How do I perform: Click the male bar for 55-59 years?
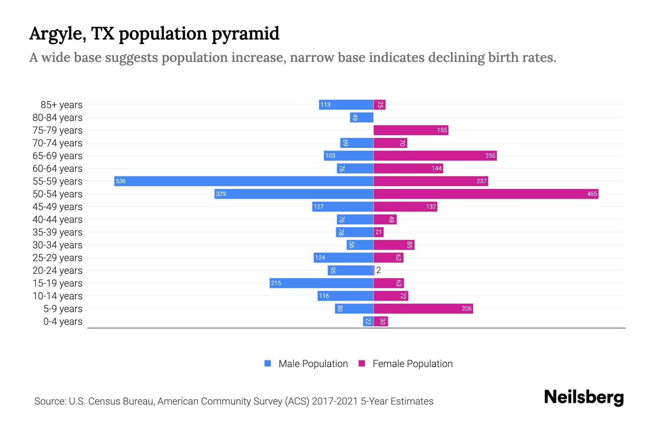point(244,181)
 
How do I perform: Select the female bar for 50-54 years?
point(486,194)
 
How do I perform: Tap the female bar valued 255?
point(435,155)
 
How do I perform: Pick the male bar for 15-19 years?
point(321,283)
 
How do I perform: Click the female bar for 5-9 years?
point(423,308)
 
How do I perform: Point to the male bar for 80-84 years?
point(362,117)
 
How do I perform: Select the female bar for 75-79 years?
point(411,130)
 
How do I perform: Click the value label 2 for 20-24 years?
point(378,270)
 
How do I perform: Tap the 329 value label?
point(221,194)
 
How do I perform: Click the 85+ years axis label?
point(61,105)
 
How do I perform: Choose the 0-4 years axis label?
point(63,322)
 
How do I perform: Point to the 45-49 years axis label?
point(57,207)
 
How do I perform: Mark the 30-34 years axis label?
point(57,245)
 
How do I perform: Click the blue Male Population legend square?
point(268,363)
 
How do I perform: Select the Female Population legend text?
point(412,364)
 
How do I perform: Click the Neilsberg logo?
point(584,397)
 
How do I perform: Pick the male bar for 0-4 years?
point(368,321)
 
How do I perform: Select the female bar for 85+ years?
point(380,105)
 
